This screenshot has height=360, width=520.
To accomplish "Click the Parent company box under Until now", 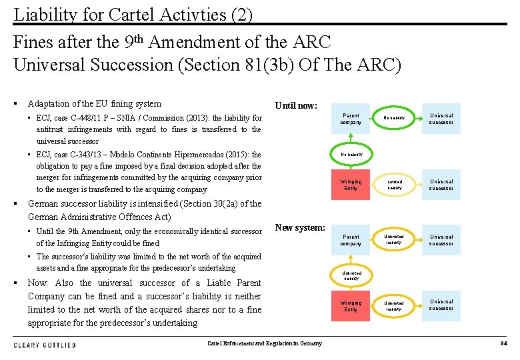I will tap(351, 119).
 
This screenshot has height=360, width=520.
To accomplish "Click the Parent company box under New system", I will tap(351, 240).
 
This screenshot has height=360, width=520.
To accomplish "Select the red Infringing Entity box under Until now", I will tap(351, 185).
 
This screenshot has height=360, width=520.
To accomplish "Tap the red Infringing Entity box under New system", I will tap(351, 306).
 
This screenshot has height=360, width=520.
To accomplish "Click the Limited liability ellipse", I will tap(394, 185).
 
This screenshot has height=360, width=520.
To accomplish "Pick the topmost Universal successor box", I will tap(441, 119).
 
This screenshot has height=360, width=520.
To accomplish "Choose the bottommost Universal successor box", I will tap(441, 306).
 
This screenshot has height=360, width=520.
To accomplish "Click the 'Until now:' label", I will tap(296, 105).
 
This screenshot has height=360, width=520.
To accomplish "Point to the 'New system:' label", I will tap(300, 228).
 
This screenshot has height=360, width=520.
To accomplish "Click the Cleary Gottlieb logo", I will tap(45, 345).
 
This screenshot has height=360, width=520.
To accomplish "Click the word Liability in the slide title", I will tap(39, 13).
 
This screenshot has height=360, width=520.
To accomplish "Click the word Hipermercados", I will tap(211, 155).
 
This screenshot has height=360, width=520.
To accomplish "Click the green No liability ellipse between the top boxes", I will tap(394, 119).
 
